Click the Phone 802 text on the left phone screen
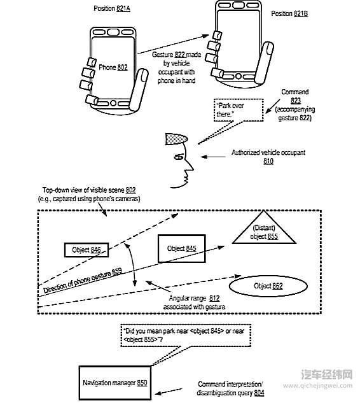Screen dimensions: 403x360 click(113, 67)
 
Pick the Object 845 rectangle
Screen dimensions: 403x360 click(181, 248)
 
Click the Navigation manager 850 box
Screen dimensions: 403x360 click(115, 383)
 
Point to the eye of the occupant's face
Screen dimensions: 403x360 click(180, 156)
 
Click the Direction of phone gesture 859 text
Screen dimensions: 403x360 click(82, 282)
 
